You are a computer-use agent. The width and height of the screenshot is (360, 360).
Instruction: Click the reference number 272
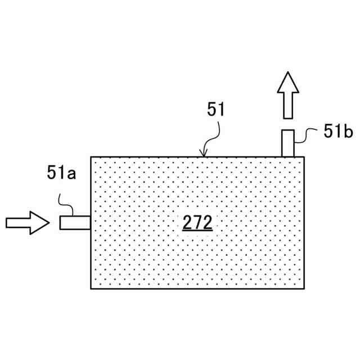pyautogui.click(x=197, y=223)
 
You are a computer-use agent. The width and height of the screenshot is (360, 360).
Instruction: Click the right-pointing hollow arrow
pyautogui.click(x=27, y=223)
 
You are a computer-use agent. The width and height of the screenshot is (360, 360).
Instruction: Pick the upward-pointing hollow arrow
pyautogui.click(x=288, y=94)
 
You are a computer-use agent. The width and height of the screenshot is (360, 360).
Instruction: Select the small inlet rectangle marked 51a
pyautogui.click(x=75, y=223)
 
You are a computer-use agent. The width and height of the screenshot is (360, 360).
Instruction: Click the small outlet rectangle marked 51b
pyautogui.click(x=287, y=143)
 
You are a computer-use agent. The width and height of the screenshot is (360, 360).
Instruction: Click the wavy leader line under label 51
pyautogui.click(x=211, y=135)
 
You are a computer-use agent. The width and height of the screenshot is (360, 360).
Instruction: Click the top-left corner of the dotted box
pyautogui.click(x=91, y=157)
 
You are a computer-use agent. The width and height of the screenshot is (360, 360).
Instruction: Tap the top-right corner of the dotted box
pyautogui.click(x=305, y=157)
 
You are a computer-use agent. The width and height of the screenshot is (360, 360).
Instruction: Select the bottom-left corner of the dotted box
pyautogui.click(x=91, y=289)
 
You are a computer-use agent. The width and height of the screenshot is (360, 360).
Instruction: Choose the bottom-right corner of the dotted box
pyautogui.click(x=305, y=289)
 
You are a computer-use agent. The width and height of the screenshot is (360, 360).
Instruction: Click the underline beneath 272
pyautogui.click(x=197, y=231)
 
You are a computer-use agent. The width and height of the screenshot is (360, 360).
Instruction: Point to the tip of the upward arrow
pyautogui.click(x=288, y=73)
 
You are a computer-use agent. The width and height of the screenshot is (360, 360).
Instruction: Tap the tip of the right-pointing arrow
pyautogui.click(x=49, y=223)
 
